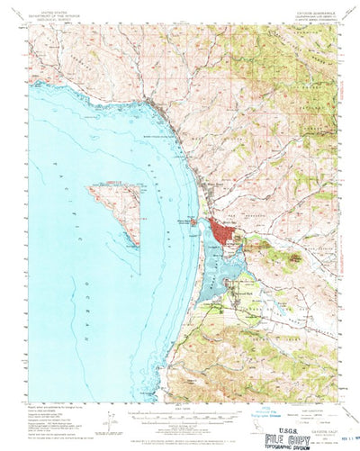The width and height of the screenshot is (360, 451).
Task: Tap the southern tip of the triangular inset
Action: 138,245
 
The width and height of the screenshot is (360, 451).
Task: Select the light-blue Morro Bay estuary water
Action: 216,270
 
